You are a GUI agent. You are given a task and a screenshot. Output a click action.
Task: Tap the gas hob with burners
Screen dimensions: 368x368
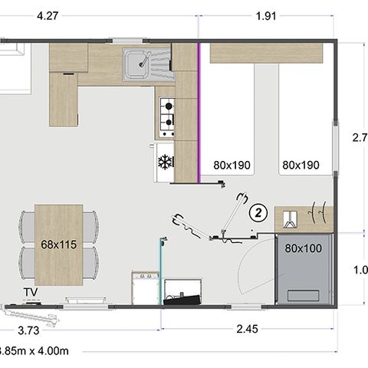[x=166, y=113]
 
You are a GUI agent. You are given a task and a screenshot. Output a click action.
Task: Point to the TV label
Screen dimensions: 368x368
[x=31, y=292]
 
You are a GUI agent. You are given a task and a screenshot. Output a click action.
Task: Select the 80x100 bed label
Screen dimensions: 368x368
[x=303, y=248]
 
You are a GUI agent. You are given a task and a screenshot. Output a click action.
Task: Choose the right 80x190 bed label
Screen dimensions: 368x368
[x=301, y=164]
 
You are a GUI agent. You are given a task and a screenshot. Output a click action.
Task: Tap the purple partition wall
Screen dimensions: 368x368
[x=200, y=112]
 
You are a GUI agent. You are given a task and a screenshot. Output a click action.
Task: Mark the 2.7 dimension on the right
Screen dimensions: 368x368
[x=360, y=139]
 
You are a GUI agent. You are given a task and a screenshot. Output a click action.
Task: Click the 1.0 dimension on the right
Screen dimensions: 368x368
[x=360, y=270]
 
